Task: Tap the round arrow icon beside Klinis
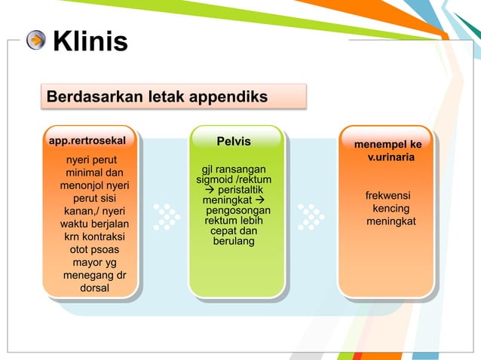[36, 40]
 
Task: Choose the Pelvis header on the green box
[234, 141]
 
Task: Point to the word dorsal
[94, 288]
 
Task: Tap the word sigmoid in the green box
[214, 180]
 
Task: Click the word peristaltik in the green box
[239, 191]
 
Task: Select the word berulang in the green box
[234, 241]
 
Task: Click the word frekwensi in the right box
[388, 195]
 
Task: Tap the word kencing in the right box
[391, 209]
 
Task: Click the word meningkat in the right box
[391, 221]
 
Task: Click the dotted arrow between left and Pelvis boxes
[166, 216]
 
